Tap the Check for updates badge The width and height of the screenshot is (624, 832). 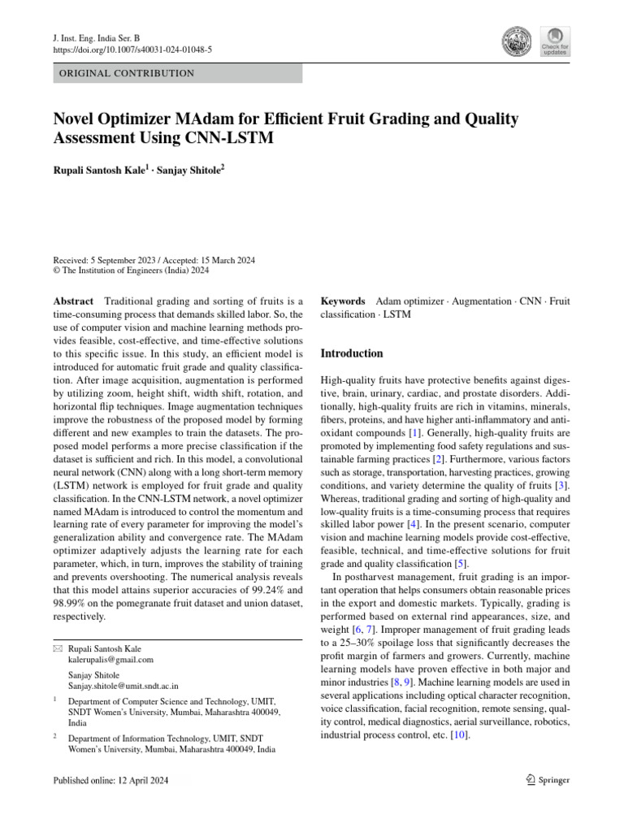pyautogui.click(x=555, y=41)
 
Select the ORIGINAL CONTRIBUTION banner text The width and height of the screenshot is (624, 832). pyautogui.click(x=123, y=73)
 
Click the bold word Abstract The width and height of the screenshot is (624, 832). pyautogui.click(x=72, y=301)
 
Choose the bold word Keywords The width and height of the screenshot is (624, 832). pyautogui.click(x=344, y=301)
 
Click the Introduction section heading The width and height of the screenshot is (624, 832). pyautogui.click(x=352, y=353)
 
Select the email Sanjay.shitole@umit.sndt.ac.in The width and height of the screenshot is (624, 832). pyautogui.click(x=123, y=686)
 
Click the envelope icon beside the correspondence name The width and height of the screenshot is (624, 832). pyautogui.click(x=56, y=649)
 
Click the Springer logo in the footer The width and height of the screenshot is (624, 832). pyautogui.click(x=548, y=780)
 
